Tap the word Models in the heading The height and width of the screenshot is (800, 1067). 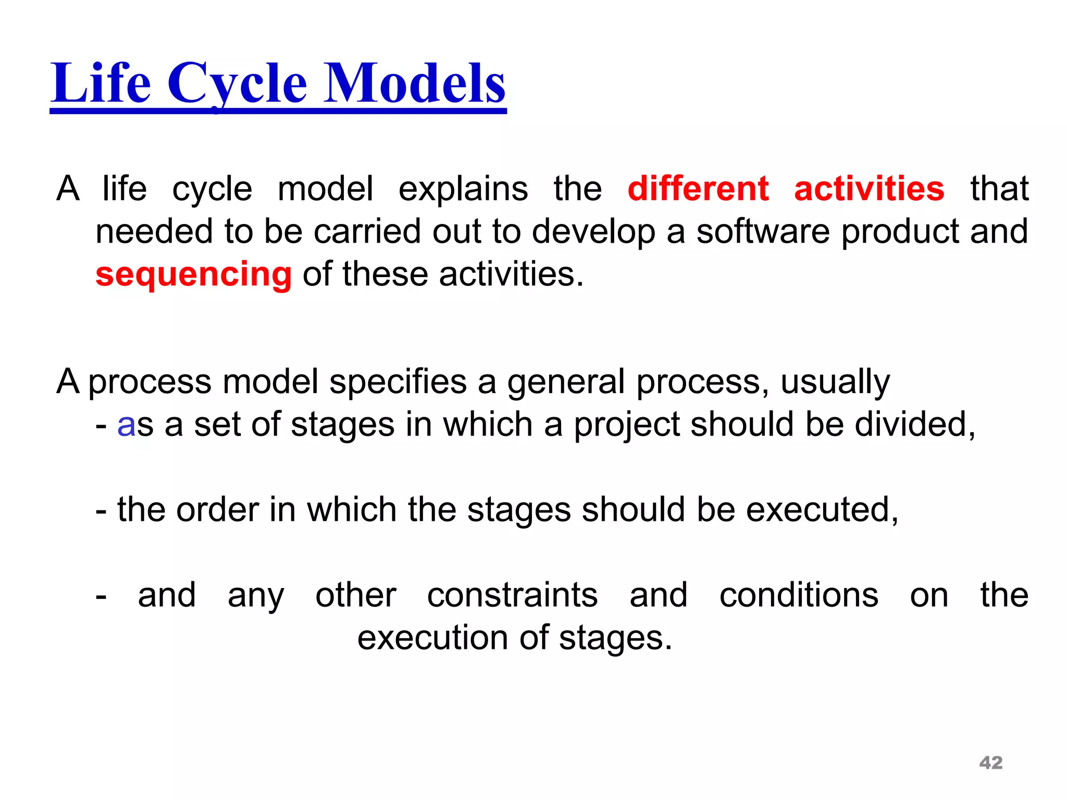[x=415, y=83]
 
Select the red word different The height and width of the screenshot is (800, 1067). [x=698, y=189]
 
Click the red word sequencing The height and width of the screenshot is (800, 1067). [x=193, y=274]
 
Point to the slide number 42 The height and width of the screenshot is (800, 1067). [x=991, y=762]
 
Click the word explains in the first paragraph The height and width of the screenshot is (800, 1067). [x=463, y=189]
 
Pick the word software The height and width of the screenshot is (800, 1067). [x=763, y=231]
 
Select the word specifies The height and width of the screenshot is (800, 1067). [x=398, y=382]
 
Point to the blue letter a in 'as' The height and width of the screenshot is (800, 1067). [x=127, y=426]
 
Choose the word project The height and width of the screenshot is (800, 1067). [x=627, y=426]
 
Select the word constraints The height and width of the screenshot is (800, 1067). [x=512, y=595]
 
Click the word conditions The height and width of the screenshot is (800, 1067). [x=799, y=595]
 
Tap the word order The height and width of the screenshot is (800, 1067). [x=217, y=509]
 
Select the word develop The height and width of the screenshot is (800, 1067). [x=593, y=232]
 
